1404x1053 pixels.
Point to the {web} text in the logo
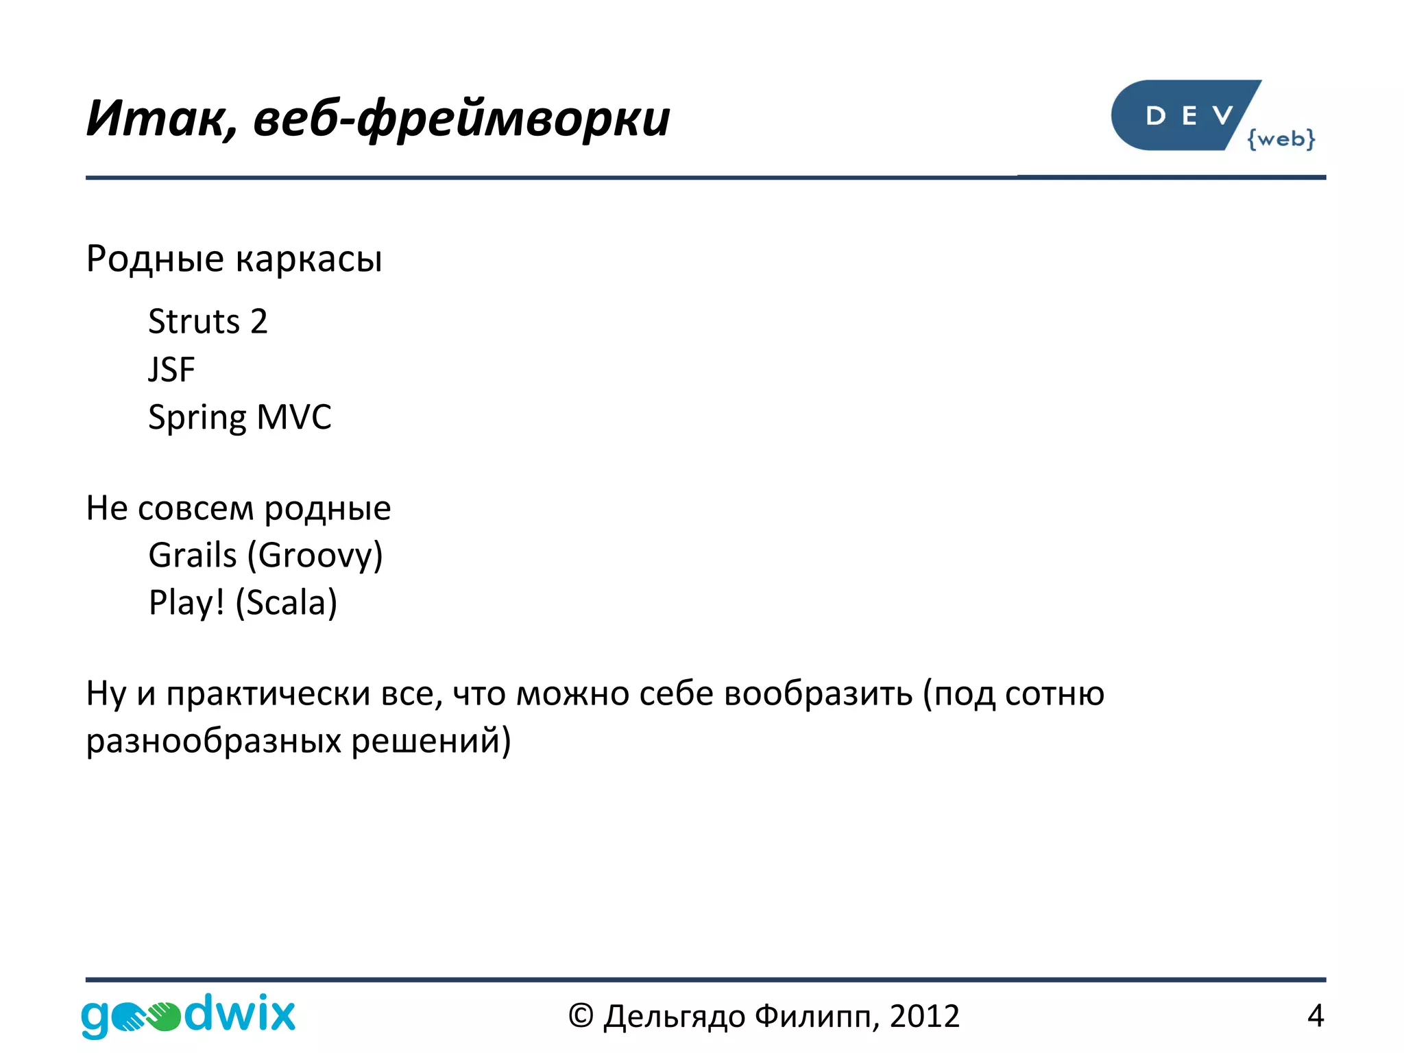1281,139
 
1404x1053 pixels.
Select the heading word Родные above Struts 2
155,259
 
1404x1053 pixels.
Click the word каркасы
308,259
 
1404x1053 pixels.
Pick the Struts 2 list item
208,322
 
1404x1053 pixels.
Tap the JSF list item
171,370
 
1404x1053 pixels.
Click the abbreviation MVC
294,417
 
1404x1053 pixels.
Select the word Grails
193,555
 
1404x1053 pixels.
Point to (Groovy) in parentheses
315,556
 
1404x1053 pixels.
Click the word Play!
186,603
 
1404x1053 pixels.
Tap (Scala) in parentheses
287,603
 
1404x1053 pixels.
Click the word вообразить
818,694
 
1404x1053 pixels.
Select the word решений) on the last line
431,742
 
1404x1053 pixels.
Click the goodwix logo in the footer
188,1015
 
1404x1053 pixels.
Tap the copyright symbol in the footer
580,1016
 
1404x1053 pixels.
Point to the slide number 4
1315,1016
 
